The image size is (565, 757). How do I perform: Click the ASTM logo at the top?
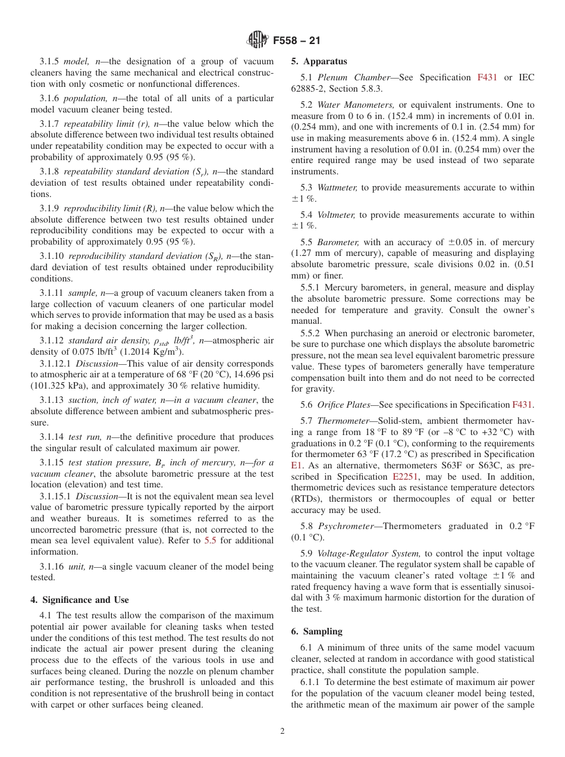pos(257,40)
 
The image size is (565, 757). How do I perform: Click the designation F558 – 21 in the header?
pos(296,41)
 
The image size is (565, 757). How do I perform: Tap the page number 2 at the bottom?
pos(282,731)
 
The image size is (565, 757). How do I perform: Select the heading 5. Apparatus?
pos(319,61)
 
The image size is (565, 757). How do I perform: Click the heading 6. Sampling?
pos(317,631)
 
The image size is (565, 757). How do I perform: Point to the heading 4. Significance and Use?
pos(80,600)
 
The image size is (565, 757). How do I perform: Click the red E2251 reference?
pos(405,477)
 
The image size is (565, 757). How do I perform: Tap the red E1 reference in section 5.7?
pos(297,466)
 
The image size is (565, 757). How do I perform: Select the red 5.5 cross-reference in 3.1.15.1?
pos(210,540)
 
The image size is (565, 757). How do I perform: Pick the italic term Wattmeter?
pos(337,187)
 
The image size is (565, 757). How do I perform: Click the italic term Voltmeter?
pos(337,215)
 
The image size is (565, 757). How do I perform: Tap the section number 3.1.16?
pos(53,567)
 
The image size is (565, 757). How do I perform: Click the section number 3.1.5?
pos(51,61)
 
